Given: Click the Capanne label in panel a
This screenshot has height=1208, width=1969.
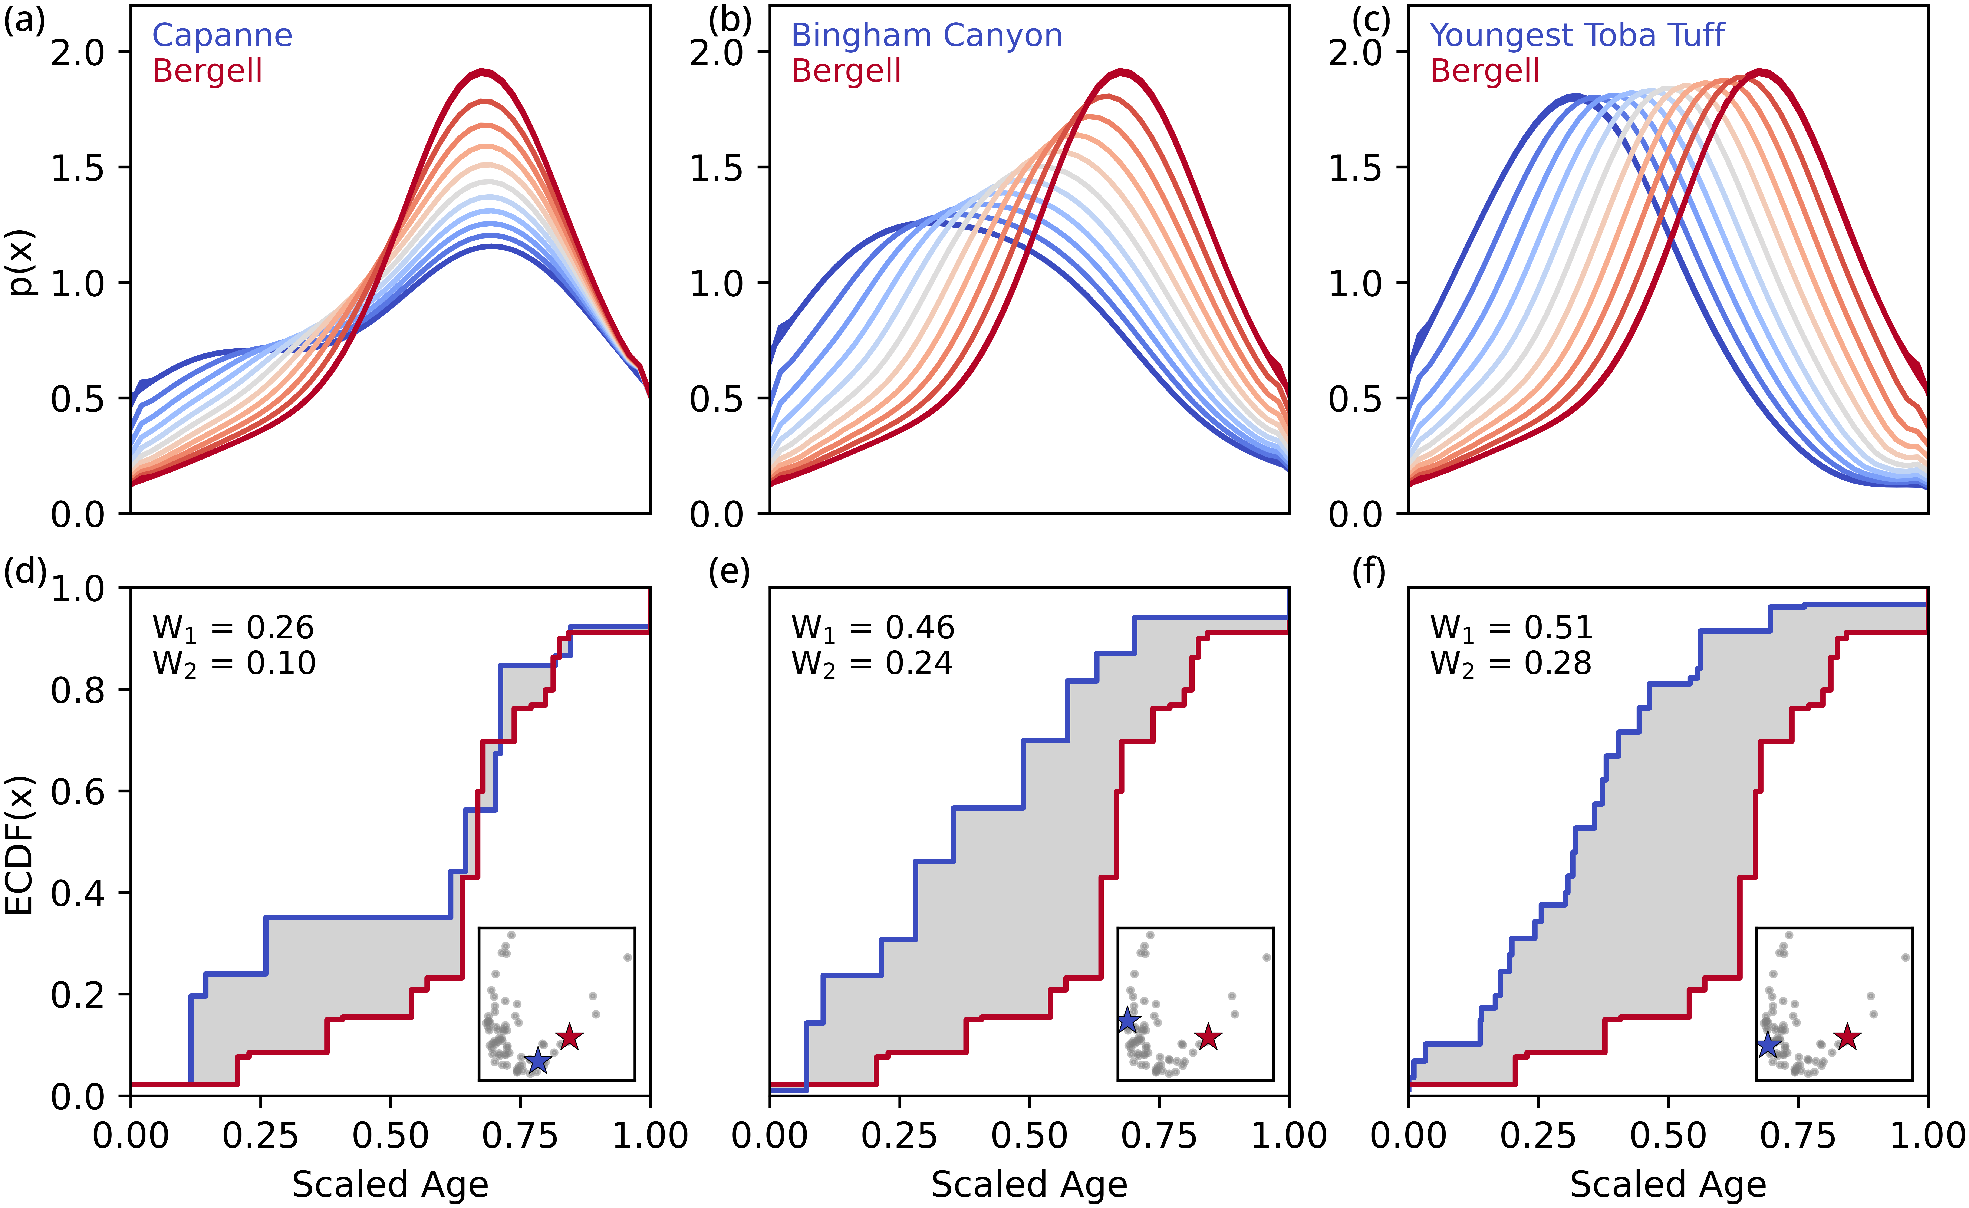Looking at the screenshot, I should click(x=222, y=35).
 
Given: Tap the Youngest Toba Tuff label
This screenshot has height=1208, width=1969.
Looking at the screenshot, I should click(x=1577, y=35).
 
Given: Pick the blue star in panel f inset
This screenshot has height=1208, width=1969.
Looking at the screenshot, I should click(x=1768, y=1045).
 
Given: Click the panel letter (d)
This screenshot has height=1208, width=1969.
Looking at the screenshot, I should click(x=25, y=572).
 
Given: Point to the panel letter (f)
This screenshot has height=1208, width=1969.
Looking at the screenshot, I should click(x=1368, y=572).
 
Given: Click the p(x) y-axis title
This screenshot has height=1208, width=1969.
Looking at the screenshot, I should click(x=22, y=262).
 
